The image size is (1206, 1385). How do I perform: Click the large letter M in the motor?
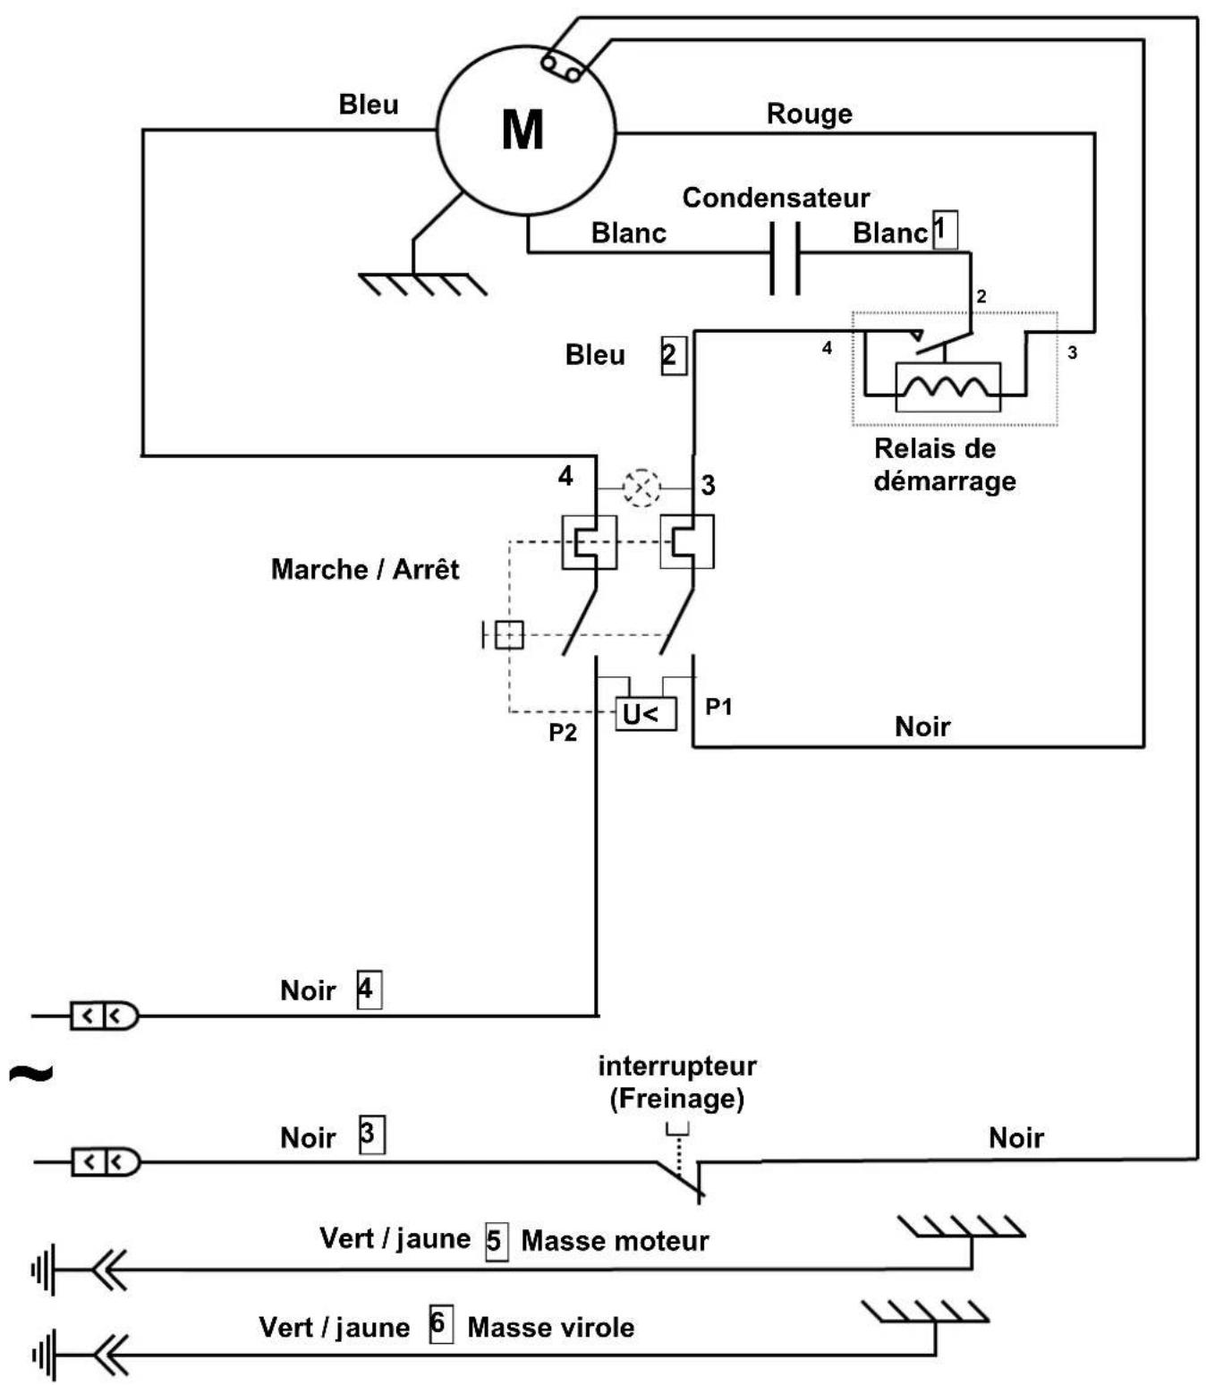(522, 130)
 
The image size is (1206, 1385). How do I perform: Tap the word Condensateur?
(776, 198)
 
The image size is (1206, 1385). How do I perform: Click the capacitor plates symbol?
(785, 258)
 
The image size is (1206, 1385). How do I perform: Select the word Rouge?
(809, 114)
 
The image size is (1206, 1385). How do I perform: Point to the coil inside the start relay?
(947, 387)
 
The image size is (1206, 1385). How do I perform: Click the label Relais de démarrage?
(944, 464)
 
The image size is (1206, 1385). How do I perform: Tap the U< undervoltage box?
(645, 713)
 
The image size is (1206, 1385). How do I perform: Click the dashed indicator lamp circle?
(641, 488)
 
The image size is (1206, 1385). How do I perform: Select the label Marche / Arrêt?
(365, 569)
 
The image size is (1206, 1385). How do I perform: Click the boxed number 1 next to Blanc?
(945, 230)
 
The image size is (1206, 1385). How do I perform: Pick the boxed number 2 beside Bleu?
(674, 355)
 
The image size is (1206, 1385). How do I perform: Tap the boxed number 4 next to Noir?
(369, 990)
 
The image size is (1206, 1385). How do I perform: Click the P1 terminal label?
(718, 707)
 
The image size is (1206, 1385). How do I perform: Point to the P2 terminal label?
(563, 733)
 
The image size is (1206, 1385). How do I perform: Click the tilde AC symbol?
(31, 1073)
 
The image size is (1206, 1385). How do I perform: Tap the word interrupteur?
(676, 1066)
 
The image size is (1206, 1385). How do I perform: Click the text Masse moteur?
(615, 1242)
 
